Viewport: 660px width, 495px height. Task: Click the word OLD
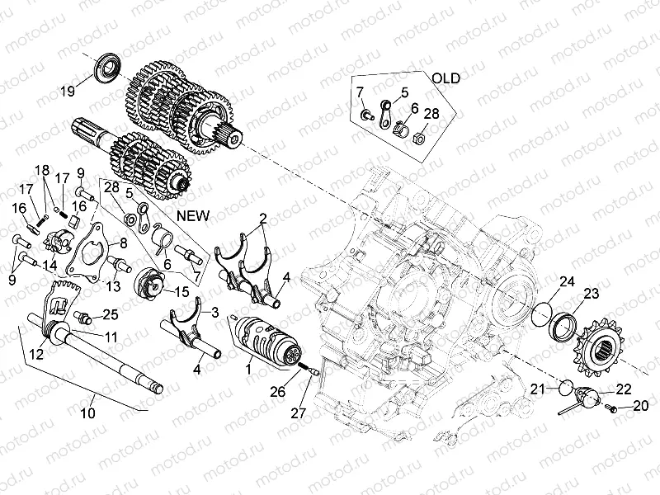[x=447, y=78]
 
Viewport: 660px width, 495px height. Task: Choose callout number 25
[x=111, y=314]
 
